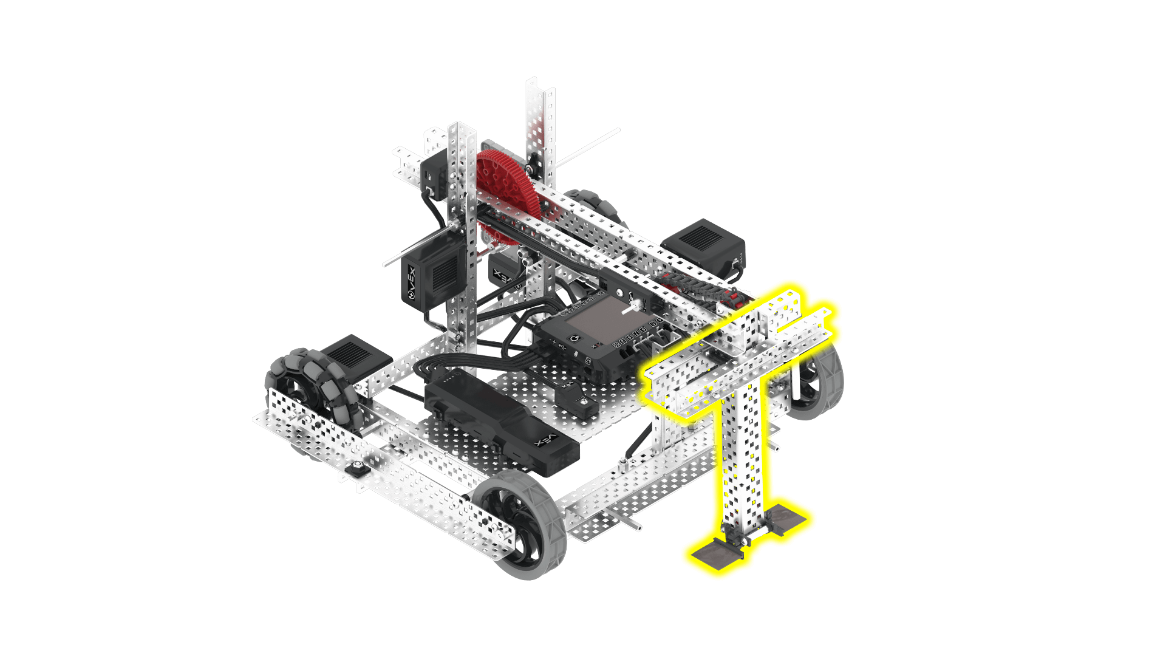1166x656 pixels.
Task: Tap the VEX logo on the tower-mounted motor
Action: click(x=412, y=283)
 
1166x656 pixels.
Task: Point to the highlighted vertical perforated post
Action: click(x=744, y=462)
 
